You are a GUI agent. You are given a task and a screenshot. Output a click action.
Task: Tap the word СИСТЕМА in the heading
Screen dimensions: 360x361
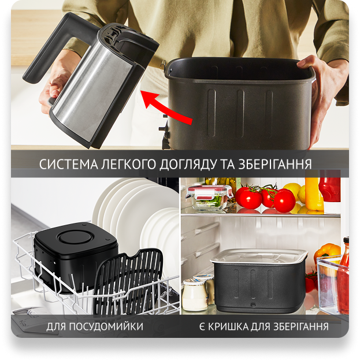pyautogui.click(x=69, y=165)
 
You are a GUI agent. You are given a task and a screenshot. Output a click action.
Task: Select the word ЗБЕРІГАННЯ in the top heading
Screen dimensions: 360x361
pyautogui.click(x=274, y=165)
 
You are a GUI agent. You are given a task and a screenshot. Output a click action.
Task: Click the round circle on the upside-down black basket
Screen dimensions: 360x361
pyautogui.click(x=76, y=237)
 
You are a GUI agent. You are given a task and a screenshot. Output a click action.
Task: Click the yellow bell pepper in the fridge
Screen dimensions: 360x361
pyautogui.click(x=327, y=251)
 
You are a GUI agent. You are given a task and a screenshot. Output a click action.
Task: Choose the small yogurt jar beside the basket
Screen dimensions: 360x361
pyautogui.click(x=195, y=295)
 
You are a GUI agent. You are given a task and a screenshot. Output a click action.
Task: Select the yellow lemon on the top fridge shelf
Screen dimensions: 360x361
pyautogui.click(x=293, y=191)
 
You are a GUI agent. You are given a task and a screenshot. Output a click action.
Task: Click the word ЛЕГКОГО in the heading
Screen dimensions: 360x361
pyautogui.click(x=129, y=165)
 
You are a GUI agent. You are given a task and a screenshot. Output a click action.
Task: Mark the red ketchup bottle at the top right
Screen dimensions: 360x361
pyautogui.click(x=330, y=186)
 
